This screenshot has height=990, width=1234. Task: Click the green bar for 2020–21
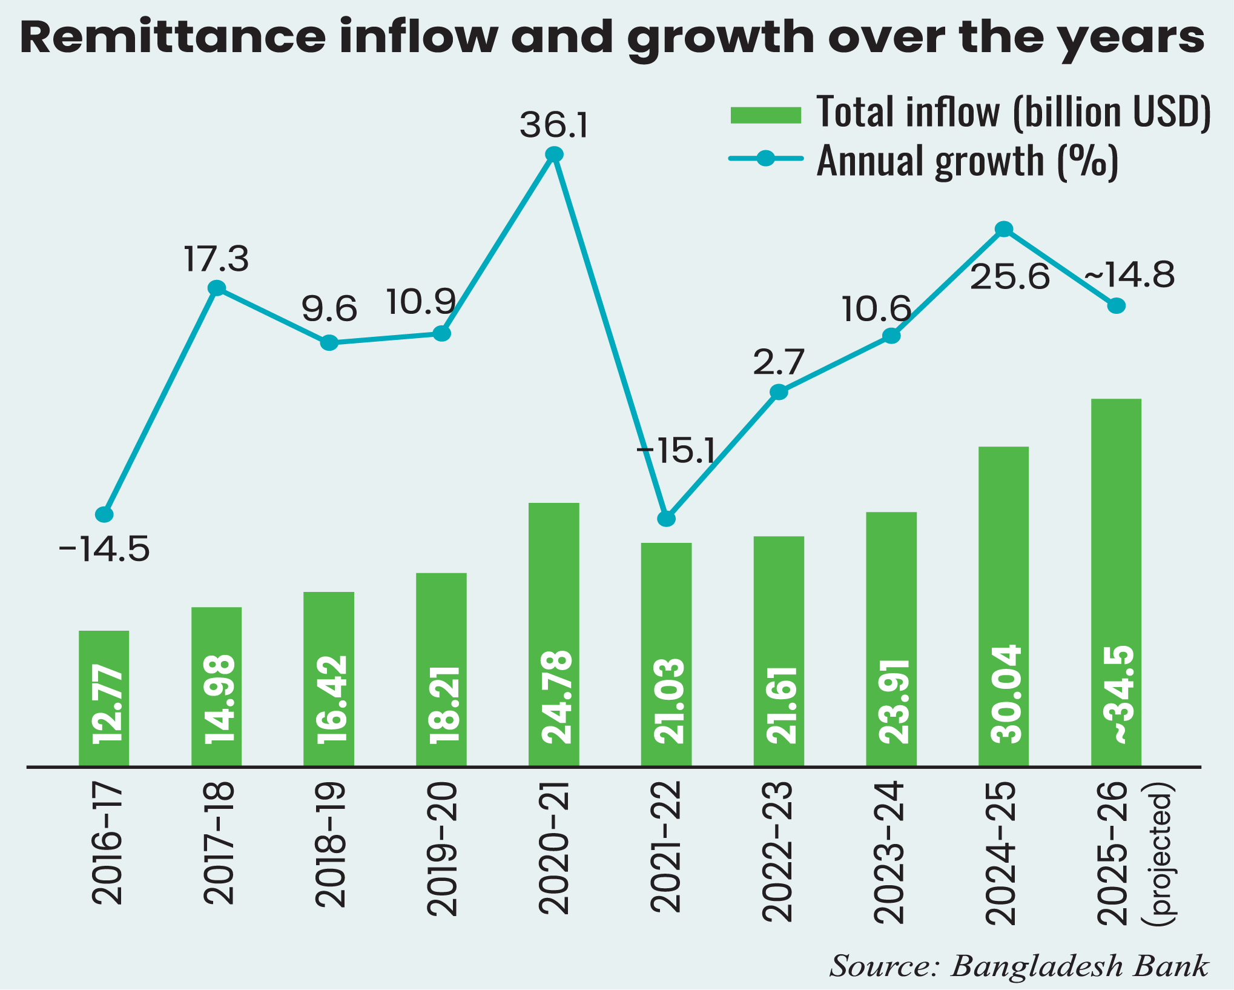[x=553, y=634]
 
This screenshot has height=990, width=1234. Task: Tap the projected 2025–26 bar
[x=1116, y=582]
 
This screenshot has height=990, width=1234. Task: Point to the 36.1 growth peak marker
[x=554, y=155]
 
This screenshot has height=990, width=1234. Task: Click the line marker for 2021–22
[x=666, y=519]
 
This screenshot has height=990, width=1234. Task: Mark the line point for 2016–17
[x=104, y=514]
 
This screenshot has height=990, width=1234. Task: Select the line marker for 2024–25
[x=1004, y=229]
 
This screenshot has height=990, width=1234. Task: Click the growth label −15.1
[x=676, y=451]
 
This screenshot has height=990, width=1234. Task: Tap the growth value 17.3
[x=216, y=259]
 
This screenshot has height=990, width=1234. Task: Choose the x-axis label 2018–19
[x=331, y=845]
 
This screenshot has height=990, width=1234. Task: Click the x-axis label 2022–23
[x=777, y=852]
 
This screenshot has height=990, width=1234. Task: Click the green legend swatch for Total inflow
[x=766, y=115]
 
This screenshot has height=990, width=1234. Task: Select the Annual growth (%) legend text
[x=967, y=161]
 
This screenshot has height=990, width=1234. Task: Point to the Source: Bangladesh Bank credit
[x=1018, y=966]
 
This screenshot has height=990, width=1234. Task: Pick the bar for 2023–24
[x=891, y=639]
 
